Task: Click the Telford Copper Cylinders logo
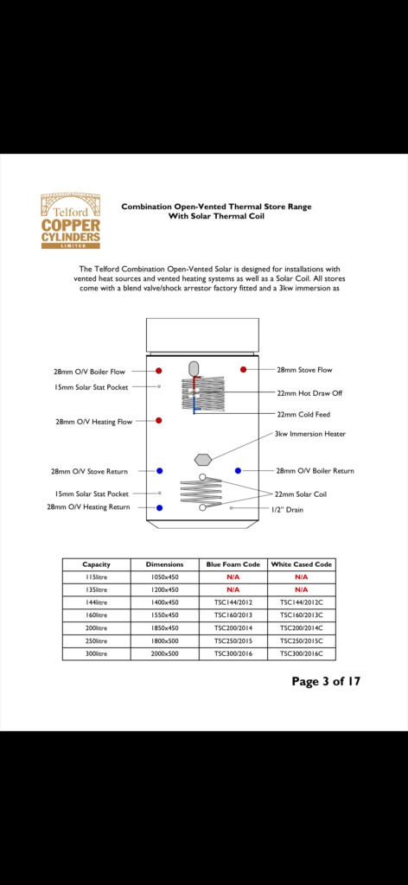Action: (x=71, y=220)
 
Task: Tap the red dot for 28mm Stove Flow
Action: (x=243, y=369)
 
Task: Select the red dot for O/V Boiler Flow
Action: (x=159, y=371)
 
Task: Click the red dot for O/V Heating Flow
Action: (x=159, y=421)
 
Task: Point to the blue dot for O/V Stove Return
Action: (x=160, y=471)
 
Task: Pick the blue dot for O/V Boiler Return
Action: (x=238, y=470)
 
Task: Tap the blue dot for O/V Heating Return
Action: (x=160, y=507)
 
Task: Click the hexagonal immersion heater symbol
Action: (x=202, y=458)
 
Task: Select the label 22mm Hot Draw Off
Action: (x=309, y=393)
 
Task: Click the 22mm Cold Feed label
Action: (x=303, y=414)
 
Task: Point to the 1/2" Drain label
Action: (x=287, y=510)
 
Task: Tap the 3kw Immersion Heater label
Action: (x=310, y=434)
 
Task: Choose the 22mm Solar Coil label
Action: (x=301, y=494)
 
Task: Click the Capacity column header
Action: (x=97, y=564)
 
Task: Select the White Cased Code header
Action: (x=302, y=564)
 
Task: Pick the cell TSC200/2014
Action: (x=233, y=627)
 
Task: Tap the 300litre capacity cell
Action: (x=97, y=653)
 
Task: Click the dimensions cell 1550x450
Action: (x=165, y=615)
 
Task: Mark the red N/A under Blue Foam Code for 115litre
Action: (x=233, y=576)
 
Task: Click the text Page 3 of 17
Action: (x=326, y=681)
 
